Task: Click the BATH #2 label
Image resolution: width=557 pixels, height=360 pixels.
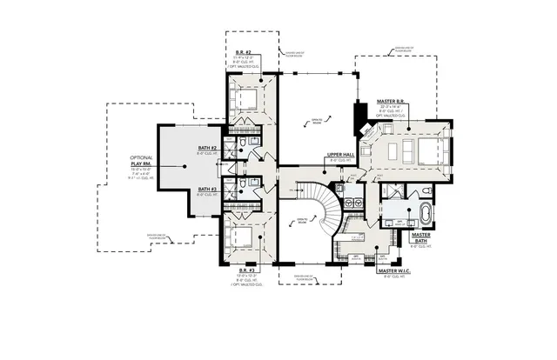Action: point(207,150)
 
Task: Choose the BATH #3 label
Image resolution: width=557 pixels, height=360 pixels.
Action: point(207,189)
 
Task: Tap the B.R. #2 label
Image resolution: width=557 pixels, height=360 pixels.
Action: point(244,53)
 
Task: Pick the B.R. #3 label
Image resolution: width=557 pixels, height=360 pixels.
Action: point(246,270)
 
